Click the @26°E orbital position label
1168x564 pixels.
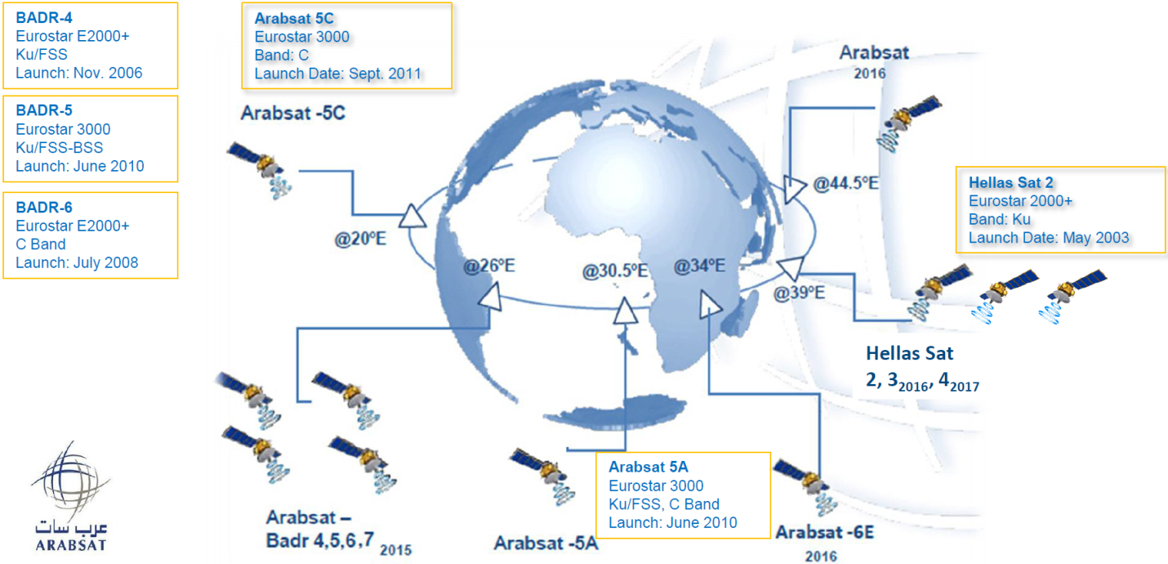pyautogui.click(x=490, y=266)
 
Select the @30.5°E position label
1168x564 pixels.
pyautogui.click(x=615, y=270)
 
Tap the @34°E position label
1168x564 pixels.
pyautogui.click(x=699, y=266)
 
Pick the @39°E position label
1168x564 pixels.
pyautogui.click(x=800, y=293)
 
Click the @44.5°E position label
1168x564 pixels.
pyautogui.click(x=845, y=183)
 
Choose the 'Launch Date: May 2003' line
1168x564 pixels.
pyautogui.click(x=1049, y=238)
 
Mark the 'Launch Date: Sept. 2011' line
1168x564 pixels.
pyautogui.click(x=337, y=74)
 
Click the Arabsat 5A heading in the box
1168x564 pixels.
pyautogui.click(x=649, y=467)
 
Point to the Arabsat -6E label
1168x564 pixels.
pyautogui.click(x=825, y=533)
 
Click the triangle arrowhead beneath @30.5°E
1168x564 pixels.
pyautogui.click(x=626, y=309)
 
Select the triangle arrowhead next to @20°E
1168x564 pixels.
pyautogui.click(x=412, y=217)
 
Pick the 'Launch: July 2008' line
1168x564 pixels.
pyautogui.click(x=77, y=262)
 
